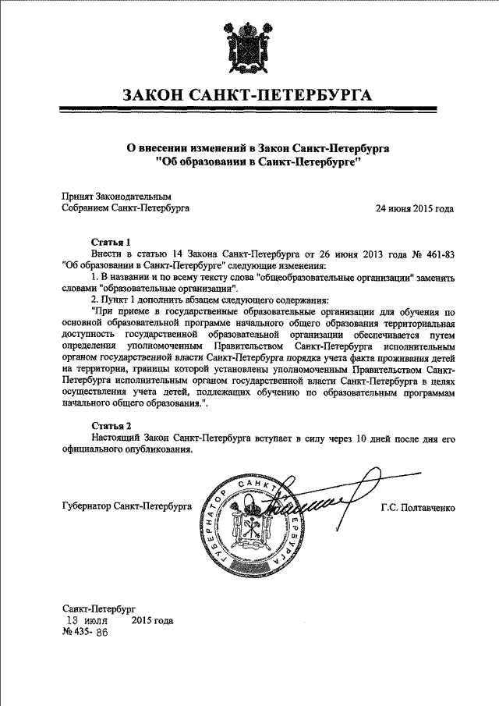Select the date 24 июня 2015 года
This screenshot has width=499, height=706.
[x=415, y=209]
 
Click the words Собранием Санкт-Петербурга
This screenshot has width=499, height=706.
[x=125, y=209]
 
